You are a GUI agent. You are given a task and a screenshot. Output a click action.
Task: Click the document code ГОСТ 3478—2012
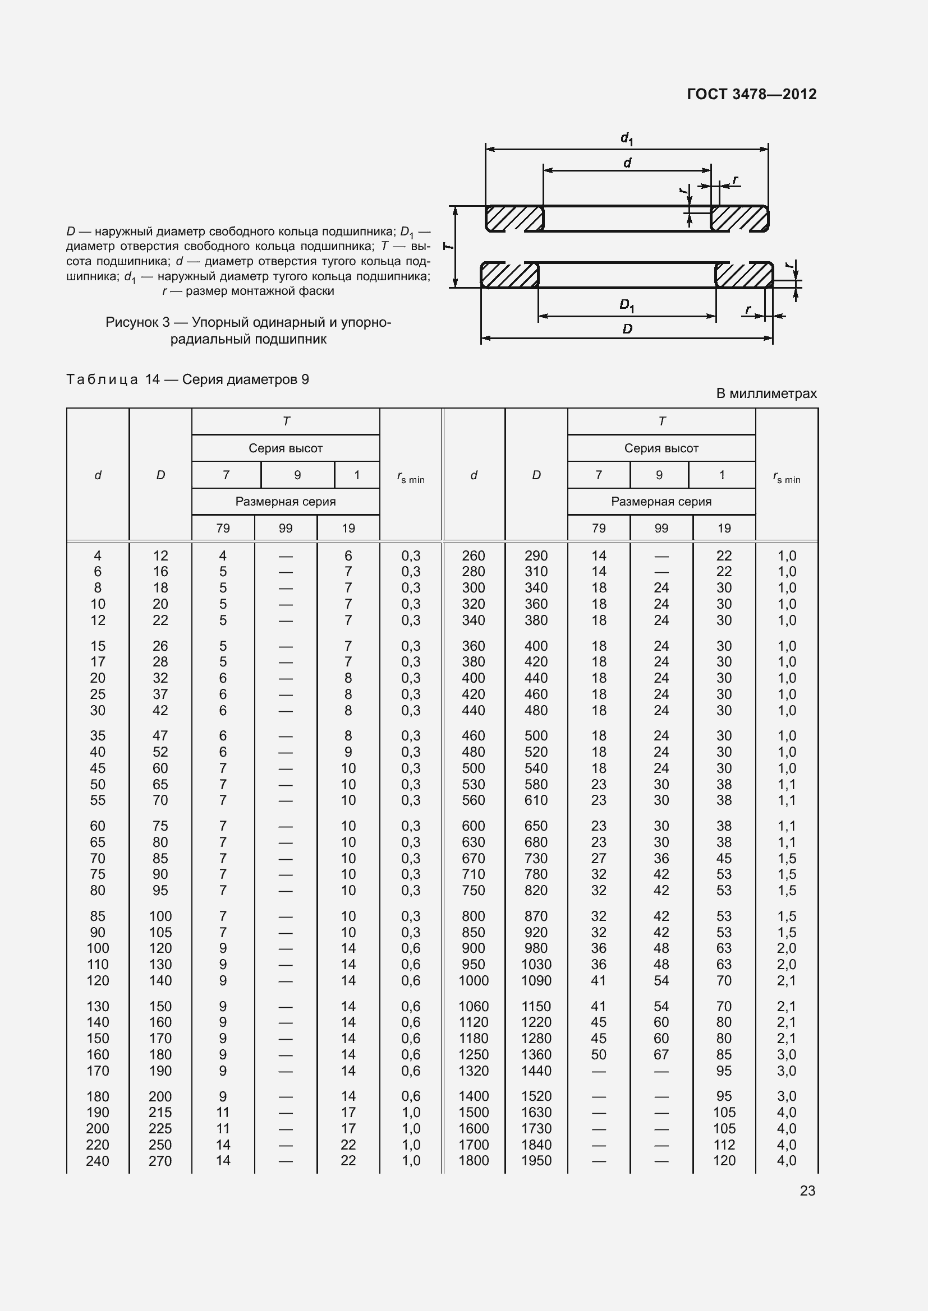[x=751, y=94]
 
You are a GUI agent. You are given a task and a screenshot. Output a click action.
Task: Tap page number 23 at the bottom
[x=807, y=1190]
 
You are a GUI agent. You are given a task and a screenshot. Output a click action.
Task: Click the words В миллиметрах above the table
[x=766, y=393]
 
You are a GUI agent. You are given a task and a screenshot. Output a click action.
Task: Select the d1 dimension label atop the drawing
[x=627, y=138]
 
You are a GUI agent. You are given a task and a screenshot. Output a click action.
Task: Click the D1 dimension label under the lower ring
[x=627, y=306]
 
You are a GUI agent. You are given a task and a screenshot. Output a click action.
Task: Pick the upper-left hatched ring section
[x=514, y=219]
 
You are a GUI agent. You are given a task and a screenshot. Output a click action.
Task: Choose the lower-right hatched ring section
[x=744, y=275]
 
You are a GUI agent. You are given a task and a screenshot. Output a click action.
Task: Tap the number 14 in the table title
[x=152, y=379]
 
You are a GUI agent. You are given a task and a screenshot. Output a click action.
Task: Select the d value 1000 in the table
[x=473, y=980]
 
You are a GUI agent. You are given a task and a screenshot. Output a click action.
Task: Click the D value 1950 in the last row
[x=536, y=1160]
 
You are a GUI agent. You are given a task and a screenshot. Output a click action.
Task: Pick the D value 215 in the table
[x=160, y=1112]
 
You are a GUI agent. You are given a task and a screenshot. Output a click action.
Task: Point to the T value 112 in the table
[x=723, y=1145]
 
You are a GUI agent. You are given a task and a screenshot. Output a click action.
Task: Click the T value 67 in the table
[x=661, y=1055]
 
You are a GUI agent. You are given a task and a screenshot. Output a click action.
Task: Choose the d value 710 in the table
[x=473, y=874]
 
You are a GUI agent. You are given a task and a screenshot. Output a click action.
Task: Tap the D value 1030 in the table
[x=536, y=965]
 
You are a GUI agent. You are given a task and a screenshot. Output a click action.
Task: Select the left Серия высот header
[x=285, y=448]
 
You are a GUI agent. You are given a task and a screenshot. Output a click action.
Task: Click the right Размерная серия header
[x=661, y=501]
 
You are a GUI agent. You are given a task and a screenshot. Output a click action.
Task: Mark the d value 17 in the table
[x=98, y=662]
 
